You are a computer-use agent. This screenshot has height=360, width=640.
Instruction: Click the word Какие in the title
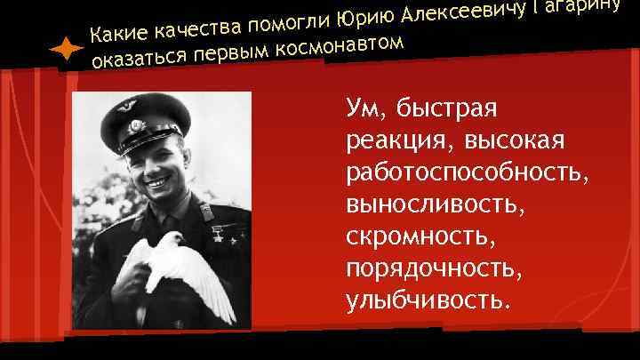point(120,35)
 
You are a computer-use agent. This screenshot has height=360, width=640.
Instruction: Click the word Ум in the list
point(364,109)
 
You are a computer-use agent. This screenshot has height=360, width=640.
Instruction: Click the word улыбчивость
point(428,299)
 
